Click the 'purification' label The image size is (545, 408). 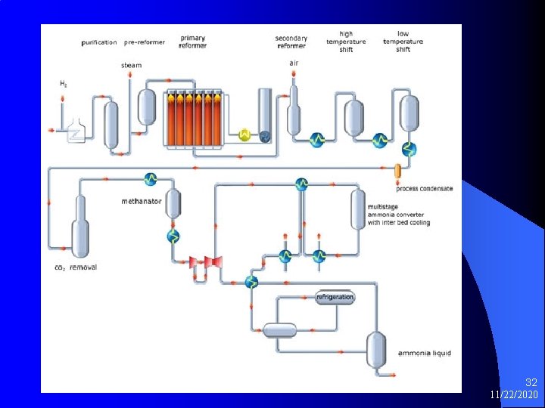click(x=99, y=43)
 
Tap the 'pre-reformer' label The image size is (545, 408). click(x=141, y=43)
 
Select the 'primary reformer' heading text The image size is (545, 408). click(x=193, y=41)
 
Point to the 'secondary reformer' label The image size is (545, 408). click(x=291, y=42)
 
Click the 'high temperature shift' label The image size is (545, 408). click(x=346, y=42)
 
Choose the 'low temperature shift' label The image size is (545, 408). click(x=403, y=42)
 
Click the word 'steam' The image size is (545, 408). click(x=131, y=65)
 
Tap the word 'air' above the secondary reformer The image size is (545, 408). click(x=294, y=63)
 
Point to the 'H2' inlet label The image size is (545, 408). click(x=63, y=83)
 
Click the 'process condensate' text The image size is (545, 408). click(x=424, y=188)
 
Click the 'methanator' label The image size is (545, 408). click(x=141, y=201)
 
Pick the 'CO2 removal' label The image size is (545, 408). click(x=76, y=267)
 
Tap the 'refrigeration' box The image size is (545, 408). click(x=335, y=297)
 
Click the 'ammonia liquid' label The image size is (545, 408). click(x=425, y=353)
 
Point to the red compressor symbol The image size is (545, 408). click(x=204, y=262)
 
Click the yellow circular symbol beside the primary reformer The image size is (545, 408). click(x=244, y=134)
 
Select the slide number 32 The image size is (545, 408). click(x=531, y=383)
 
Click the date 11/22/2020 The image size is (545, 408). click(x=514, y=395)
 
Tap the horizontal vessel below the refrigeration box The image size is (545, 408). click(x=279, y=330)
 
